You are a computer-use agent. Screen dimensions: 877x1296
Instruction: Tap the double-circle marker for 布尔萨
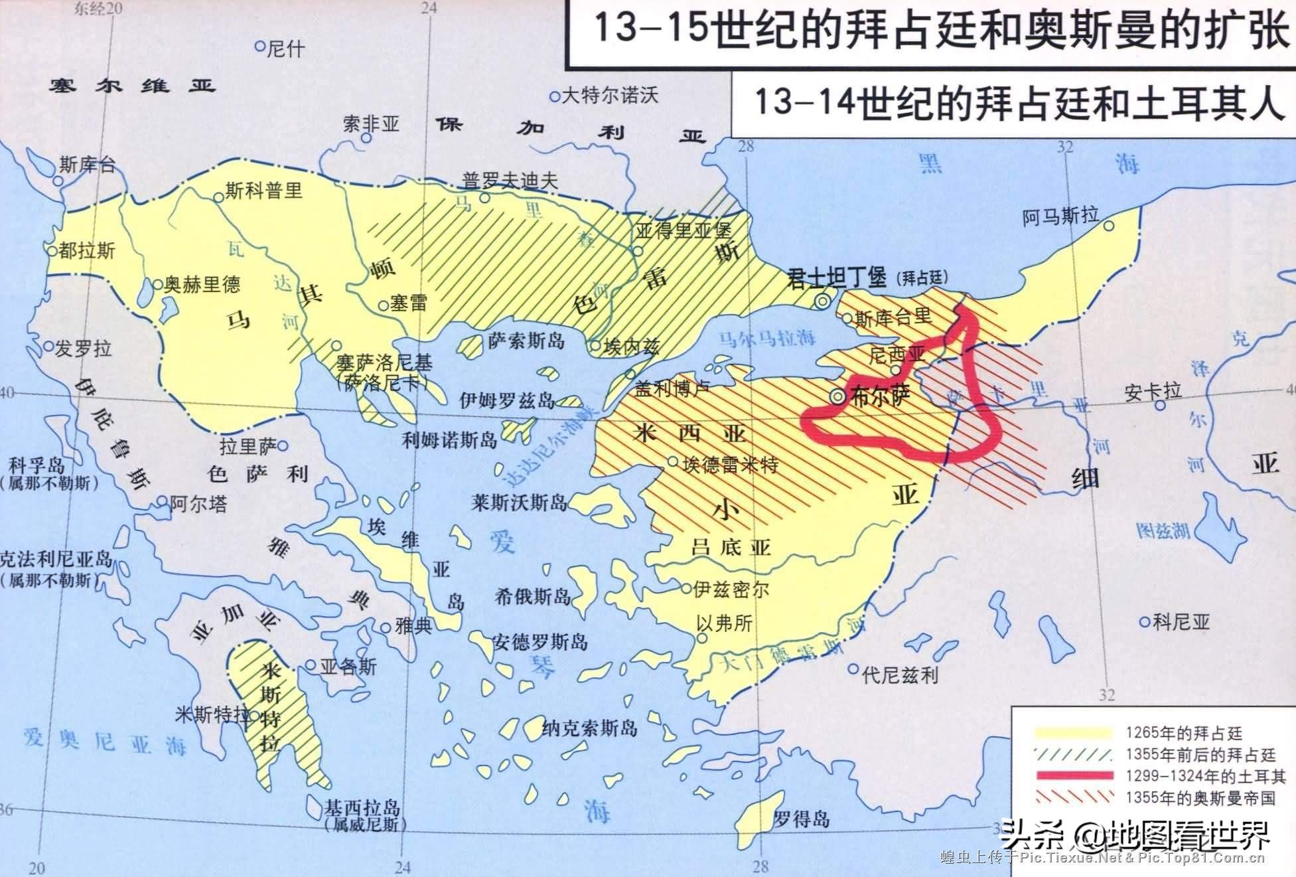coord(837,397)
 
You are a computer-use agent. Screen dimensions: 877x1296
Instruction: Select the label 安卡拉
coord(1153,390)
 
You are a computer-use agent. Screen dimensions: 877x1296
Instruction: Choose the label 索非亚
coord(371,124)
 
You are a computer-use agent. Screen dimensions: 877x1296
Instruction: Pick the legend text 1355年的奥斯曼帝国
coord(1200,797)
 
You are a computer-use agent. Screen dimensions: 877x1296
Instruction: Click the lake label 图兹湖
coord(1163,530)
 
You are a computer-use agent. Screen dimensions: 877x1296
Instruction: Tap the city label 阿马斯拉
coord(1060,216)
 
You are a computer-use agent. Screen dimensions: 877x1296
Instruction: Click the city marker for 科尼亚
coord(1144,622)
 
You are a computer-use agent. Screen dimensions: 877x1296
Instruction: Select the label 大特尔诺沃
coord(610,96)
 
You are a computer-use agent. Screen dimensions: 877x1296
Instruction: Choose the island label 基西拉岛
coord(362,808)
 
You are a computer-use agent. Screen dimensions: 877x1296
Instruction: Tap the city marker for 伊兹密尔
coord(686,588)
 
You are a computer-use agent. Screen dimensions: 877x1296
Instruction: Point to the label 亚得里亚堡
coord(683,230)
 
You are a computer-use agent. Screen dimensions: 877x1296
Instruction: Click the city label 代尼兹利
coord(900,675)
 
